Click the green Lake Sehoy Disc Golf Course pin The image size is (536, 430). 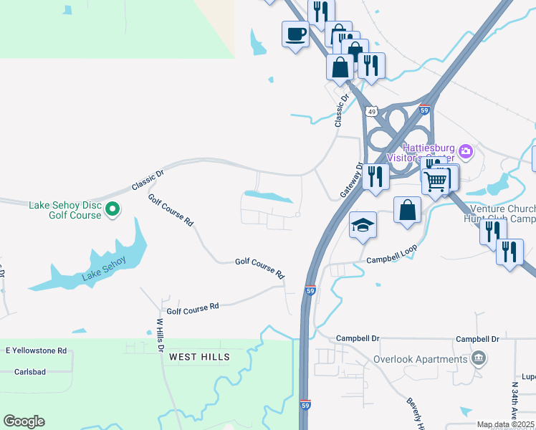point(113,210)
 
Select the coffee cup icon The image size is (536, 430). point(295,34)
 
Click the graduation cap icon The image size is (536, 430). point(363,225)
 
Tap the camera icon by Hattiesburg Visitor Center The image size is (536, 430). point(466,151)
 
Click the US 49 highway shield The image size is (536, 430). point(370,112)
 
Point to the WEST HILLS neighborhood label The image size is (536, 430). point(199,357)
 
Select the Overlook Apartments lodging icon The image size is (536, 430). point(479,358)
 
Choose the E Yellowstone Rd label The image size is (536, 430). point(36,351)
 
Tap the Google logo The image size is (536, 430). point(24,421)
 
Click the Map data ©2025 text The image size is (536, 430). point(504,425)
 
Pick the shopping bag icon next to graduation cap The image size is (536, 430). point(407,211)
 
